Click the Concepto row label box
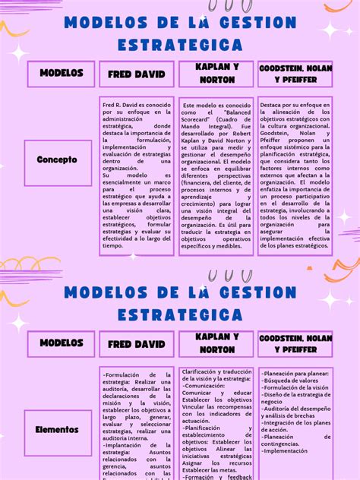57,160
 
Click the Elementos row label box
57,429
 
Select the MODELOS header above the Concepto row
62,73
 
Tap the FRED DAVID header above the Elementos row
136,344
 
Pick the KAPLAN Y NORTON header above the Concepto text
216,73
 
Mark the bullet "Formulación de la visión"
295,387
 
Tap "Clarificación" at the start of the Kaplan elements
203,371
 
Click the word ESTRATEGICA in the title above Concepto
180,45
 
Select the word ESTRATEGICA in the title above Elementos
180,314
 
